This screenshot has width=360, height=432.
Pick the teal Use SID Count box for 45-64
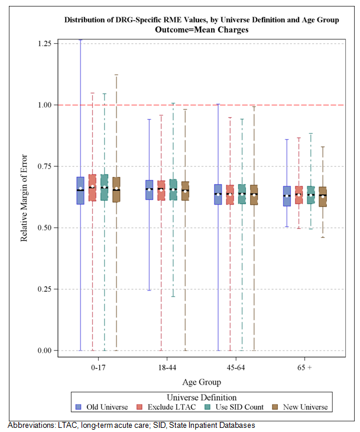(x=242, y=194)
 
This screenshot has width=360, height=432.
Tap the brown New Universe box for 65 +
(x=323, y=196)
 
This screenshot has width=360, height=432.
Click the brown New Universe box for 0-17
(x=116, y=190)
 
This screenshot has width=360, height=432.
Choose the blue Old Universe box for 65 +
(x=287, y=196)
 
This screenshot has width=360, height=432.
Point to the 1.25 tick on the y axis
(x=43, y=43)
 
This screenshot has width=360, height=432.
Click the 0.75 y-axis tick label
(x=43, y=166)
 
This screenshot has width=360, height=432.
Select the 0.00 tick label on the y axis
(x=43, y=350)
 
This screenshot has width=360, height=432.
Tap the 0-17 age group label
(x=99, y=367)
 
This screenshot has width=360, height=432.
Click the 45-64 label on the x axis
(x=236, y=367)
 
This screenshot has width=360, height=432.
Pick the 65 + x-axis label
(x=305, y=367)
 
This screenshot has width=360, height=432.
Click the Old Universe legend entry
(x=103, y=407)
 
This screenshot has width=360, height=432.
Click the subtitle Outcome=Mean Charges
(x=202, y=29)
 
